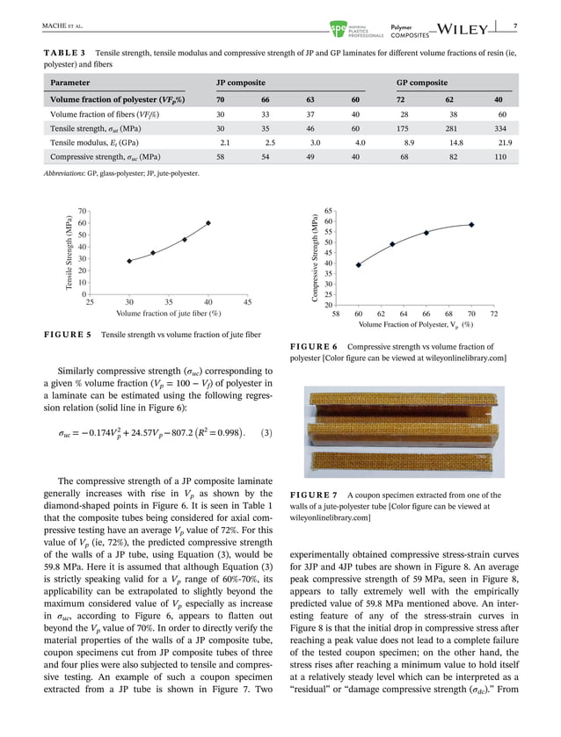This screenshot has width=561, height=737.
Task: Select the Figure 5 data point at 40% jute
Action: pyautogui.click(x=208, y=223)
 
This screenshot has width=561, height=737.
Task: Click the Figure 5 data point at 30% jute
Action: pyautogui.click(x=129, y=261)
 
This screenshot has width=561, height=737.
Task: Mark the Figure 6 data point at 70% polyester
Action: pyautogui.click(x=471, y=225)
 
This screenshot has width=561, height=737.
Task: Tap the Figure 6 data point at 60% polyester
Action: pyautogui.click(x=359, y=264)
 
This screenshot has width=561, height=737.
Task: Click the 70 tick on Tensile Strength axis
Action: pyautogui.click(x=81, y=212)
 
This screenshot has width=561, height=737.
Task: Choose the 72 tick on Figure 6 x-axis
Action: pyautogui.click(x=494, y=314)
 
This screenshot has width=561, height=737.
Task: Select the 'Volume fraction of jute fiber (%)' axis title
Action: pyautogui.click(x=168, y=314)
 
